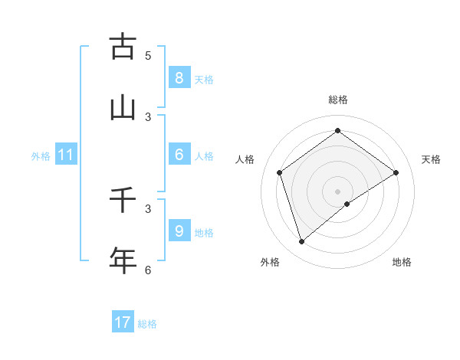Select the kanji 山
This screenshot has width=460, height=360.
122,108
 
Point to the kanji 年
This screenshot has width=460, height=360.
122,260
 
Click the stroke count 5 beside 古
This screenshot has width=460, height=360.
148,55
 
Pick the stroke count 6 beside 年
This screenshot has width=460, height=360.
148,270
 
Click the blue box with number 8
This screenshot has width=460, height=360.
179,77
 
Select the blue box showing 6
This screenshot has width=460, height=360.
179,155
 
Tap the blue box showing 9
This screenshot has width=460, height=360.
179,231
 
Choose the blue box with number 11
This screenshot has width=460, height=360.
65,155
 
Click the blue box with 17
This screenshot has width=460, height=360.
122,322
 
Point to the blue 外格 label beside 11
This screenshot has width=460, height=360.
41,156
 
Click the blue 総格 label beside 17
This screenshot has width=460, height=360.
147,324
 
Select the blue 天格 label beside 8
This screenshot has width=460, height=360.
204,80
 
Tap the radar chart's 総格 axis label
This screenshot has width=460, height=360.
337,100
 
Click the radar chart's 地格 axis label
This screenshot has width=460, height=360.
402,262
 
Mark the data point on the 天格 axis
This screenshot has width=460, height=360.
396,172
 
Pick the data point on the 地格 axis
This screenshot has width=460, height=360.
347,204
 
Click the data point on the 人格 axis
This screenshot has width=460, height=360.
280,172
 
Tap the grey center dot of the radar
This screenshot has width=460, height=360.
337,191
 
